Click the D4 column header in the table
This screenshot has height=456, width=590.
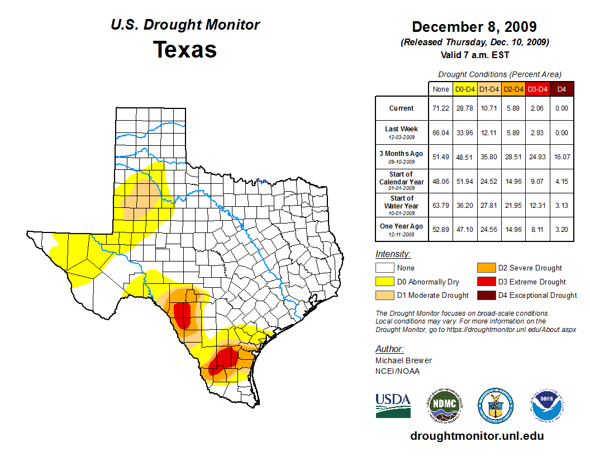coord(562,89)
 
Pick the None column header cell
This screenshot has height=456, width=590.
coord(441,89)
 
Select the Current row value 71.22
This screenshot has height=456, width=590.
coord(441,108)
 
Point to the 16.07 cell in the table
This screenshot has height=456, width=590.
coord(562,157)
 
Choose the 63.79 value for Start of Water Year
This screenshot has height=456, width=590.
coord(441,206)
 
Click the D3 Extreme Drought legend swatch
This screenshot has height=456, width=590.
coord(486,282)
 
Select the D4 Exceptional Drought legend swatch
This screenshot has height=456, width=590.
coord(486,295)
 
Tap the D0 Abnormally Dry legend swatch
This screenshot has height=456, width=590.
coord(385,282)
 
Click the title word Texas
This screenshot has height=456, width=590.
coord(185,50)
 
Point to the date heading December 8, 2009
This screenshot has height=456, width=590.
coord(474,27)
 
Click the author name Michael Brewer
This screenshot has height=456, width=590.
coord(403,360)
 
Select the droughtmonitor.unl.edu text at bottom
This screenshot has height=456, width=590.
coord(477,436)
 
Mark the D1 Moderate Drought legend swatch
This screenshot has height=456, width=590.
coord(385,295)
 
